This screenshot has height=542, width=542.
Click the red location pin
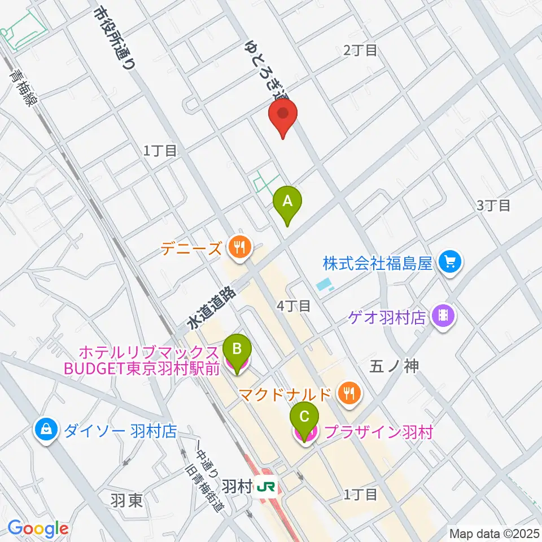click(x=283, y=115)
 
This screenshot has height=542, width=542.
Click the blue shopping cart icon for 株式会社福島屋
click(x=449, y=262)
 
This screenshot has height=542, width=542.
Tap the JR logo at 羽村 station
click(x=263, y=486)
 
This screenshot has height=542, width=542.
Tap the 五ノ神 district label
click(x=394, y=366)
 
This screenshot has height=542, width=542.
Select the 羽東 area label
click(x=126, y=500)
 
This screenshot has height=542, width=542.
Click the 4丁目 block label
click(x=294, y=306)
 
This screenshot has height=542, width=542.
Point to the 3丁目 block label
click(x=493, y=205)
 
